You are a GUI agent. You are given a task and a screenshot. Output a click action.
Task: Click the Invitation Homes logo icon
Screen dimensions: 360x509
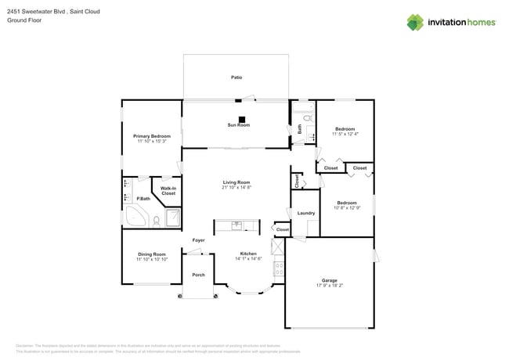[415, 22]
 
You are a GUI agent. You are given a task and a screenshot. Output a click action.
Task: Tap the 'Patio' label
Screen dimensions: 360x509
[236, 77]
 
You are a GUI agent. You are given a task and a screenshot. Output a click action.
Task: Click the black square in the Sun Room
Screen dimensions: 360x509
[242, 120]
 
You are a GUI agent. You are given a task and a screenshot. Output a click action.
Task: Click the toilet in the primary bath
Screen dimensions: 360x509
[156, 220]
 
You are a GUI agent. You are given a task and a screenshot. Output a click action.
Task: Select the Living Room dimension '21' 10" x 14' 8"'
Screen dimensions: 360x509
[236, 187]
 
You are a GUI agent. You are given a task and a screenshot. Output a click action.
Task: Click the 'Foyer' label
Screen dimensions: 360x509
[199, 240]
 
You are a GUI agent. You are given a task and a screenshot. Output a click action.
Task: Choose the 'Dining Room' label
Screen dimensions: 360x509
[152, 254]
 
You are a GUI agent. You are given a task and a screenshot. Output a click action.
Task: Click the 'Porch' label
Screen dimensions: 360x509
[199, 275]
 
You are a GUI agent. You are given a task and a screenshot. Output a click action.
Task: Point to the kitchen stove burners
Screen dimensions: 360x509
[278, 268]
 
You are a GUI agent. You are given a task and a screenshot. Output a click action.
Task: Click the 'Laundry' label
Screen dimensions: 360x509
[306, 213]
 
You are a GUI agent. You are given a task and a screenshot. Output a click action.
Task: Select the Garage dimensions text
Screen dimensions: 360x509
[329, 285]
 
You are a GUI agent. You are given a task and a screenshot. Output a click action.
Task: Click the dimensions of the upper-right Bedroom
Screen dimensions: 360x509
[345, 134]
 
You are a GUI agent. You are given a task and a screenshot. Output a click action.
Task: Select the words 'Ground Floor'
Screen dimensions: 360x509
[24, 20]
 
